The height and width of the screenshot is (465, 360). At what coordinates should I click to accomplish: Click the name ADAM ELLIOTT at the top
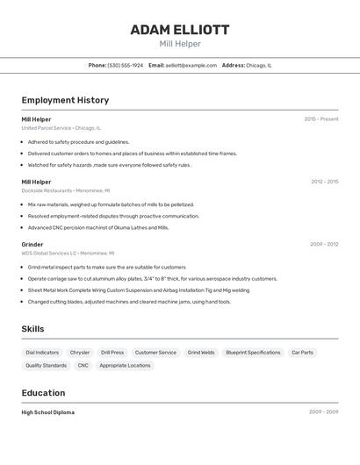[180, 30]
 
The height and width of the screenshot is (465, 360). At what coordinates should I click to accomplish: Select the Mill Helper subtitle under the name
[180, 44]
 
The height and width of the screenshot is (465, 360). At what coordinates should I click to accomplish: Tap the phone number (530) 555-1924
[125, 65]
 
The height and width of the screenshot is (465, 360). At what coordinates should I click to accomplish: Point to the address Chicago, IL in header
[258, 65]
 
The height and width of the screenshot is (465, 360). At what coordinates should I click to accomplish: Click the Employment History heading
[65, 100]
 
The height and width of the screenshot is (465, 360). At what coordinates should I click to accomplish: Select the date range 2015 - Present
[321, 118]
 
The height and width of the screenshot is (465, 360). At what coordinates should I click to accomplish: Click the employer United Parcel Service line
[61, 127]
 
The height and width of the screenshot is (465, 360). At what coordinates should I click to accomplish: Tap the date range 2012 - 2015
[324, 182]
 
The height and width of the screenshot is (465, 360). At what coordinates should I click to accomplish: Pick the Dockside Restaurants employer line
[66, 190]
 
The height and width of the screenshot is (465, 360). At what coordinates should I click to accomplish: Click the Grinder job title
[32, 244]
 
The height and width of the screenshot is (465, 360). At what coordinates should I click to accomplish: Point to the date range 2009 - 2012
[324, 244]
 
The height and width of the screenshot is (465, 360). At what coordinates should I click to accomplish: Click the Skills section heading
[32, 329]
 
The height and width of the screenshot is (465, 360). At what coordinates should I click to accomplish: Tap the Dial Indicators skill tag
[42, 352]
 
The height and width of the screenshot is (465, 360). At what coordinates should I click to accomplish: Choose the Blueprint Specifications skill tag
[253, 352]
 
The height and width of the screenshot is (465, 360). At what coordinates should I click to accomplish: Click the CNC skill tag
[83, 365]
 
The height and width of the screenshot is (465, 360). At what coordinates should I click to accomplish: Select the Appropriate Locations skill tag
[125, 365]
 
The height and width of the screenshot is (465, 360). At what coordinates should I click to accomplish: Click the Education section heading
[43, 393]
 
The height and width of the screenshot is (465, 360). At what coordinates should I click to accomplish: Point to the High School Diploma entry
[48, 412]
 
